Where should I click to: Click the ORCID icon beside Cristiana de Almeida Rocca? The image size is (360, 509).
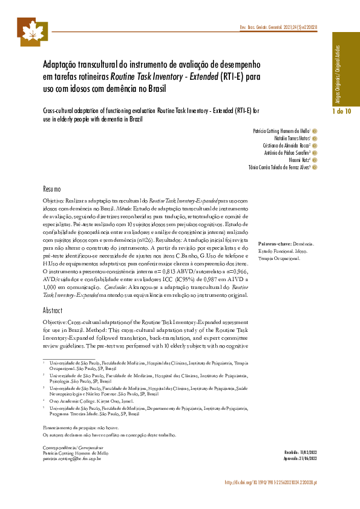coord(315,145)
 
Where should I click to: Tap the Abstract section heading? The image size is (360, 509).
coord(53,310)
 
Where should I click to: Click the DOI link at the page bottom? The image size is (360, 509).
coord(271,482)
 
